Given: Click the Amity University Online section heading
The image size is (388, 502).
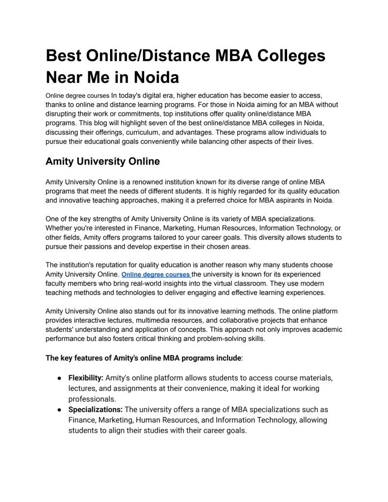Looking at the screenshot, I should coord(103,161).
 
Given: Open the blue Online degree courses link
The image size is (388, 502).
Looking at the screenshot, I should coord(156,275).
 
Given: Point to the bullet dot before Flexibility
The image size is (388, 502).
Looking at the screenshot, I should coord(59,378).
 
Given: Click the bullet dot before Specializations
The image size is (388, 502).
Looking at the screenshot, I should coord(59,410).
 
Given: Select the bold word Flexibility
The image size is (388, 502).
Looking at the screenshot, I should coord(86,378).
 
